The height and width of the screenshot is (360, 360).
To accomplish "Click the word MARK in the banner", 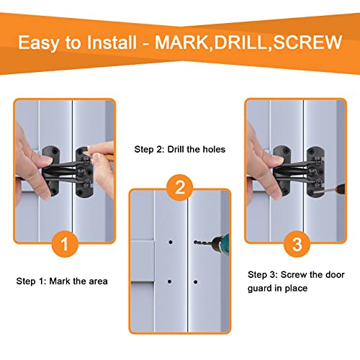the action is (181, 42).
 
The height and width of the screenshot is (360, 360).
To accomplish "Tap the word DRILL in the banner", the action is (240, 42).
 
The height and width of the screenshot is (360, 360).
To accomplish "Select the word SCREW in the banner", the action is (307, 42).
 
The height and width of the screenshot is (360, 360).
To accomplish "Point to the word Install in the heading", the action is (112, 42).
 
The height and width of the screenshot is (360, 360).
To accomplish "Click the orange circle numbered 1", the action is (65, 244).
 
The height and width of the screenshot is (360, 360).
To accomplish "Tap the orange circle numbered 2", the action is (180, 188).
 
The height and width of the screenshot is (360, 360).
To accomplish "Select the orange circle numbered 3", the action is (297, 244).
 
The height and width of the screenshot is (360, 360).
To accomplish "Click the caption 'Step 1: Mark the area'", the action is (62, 282).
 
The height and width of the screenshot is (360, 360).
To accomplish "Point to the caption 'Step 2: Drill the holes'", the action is (180, 149).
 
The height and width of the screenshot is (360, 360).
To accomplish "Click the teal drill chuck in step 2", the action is (221, 243).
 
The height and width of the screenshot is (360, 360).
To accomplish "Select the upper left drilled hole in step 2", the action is (171, 242).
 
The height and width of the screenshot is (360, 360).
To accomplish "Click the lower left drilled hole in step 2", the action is (169, 282).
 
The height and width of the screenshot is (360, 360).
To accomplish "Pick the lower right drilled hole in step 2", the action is (195, 282).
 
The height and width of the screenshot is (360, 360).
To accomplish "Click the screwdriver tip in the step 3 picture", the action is (315, 192).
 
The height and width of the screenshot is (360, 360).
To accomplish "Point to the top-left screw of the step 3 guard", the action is (285, 150).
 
